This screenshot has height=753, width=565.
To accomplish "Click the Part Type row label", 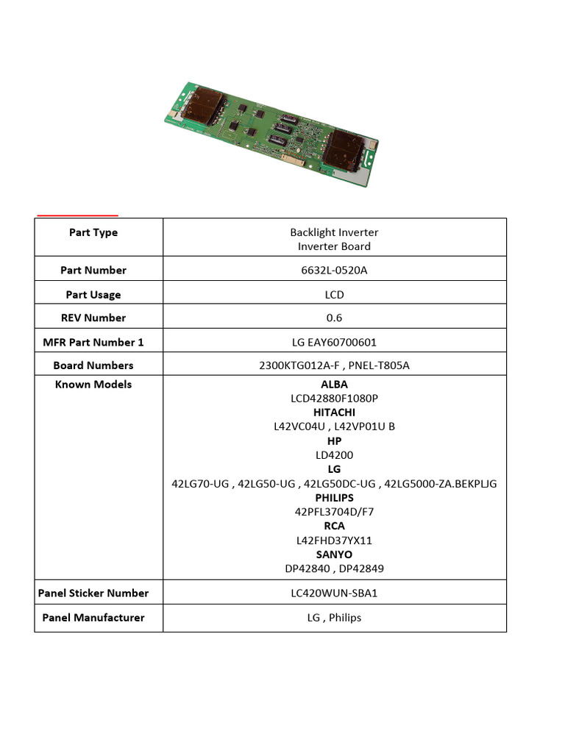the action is point(93,232).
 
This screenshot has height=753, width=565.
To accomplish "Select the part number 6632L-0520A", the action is point(334,270).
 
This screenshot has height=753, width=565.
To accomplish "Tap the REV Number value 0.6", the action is point(334,318).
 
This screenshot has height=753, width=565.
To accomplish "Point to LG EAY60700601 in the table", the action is point(334,342).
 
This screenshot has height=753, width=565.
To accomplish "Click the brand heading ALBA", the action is point(334,384).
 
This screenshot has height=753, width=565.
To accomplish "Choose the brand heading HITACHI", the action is point(334,413).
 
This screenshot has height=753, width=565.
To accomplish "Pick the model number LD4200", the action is point(334,455).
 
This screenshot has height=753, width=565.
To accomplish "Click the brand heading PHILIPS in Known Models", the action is point(334,498).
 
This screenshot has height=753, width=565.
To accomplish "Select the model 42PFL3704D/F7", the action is point(334,512).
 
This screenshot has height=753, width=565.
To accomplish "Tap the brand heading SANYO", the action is point(334,554).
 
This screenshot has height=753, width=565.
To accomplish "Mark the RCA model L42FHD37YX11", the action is point(334,540).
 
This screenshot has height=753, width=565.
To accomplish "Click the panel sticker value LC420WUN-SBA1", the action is point(334,593).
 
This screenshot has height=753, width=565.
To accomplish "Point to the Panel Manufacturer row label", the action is point(93,618).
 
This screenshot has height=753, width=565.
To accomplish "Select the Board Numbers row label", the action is point(93,365).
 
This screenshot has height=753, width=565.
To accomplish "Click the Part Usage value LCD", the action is point(334,295).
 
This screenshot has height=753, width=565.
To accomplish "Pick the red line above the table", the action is point(77,215).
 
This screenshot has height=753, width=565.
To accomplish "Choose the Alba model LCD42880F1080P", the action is point(334,398).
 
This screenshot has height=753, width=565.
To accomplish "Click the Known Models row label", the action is point(93,384).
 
